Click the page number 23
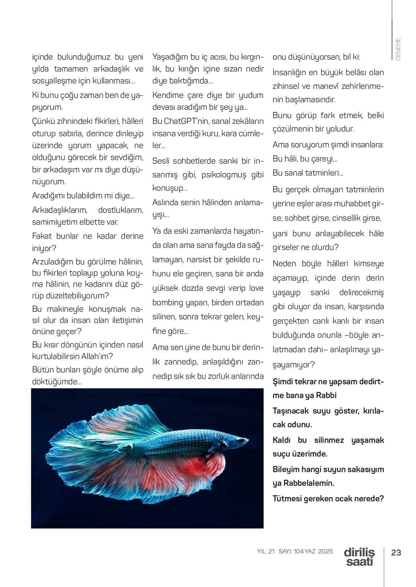[396, 553]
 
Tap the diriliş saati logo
[359, 557]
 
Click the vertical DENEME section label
[398, 49]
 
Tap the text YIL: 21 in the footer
[266, 552]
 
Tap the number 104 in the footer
[299, 552]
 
